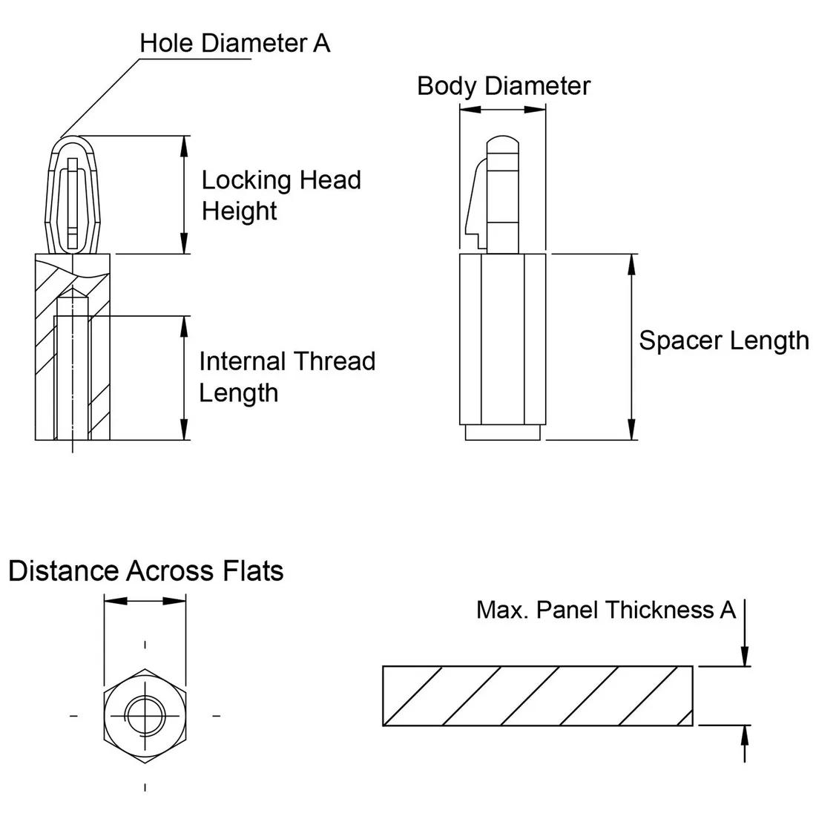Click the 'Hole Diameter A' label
point(234,43)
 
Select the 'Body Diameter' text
point(503,85)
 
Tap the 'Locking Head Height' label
point(280,195)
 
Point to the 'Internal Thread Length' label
point(286,376)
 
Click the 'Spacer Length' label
point(723,340)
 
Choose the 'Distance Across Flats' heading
point(145,571)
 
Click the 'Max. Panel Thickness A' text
point(605,610)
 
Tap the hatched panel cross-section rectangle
point(538,696)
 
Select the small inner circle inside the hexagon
point(145,715)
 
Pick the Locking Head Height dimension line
point(183,195)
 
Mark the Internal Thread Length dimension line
point(183,378)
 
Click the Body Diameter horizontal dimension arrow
point(503,109)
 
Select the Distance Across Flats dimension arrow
point(145,600)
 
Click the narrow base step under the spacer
point(503,432)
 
